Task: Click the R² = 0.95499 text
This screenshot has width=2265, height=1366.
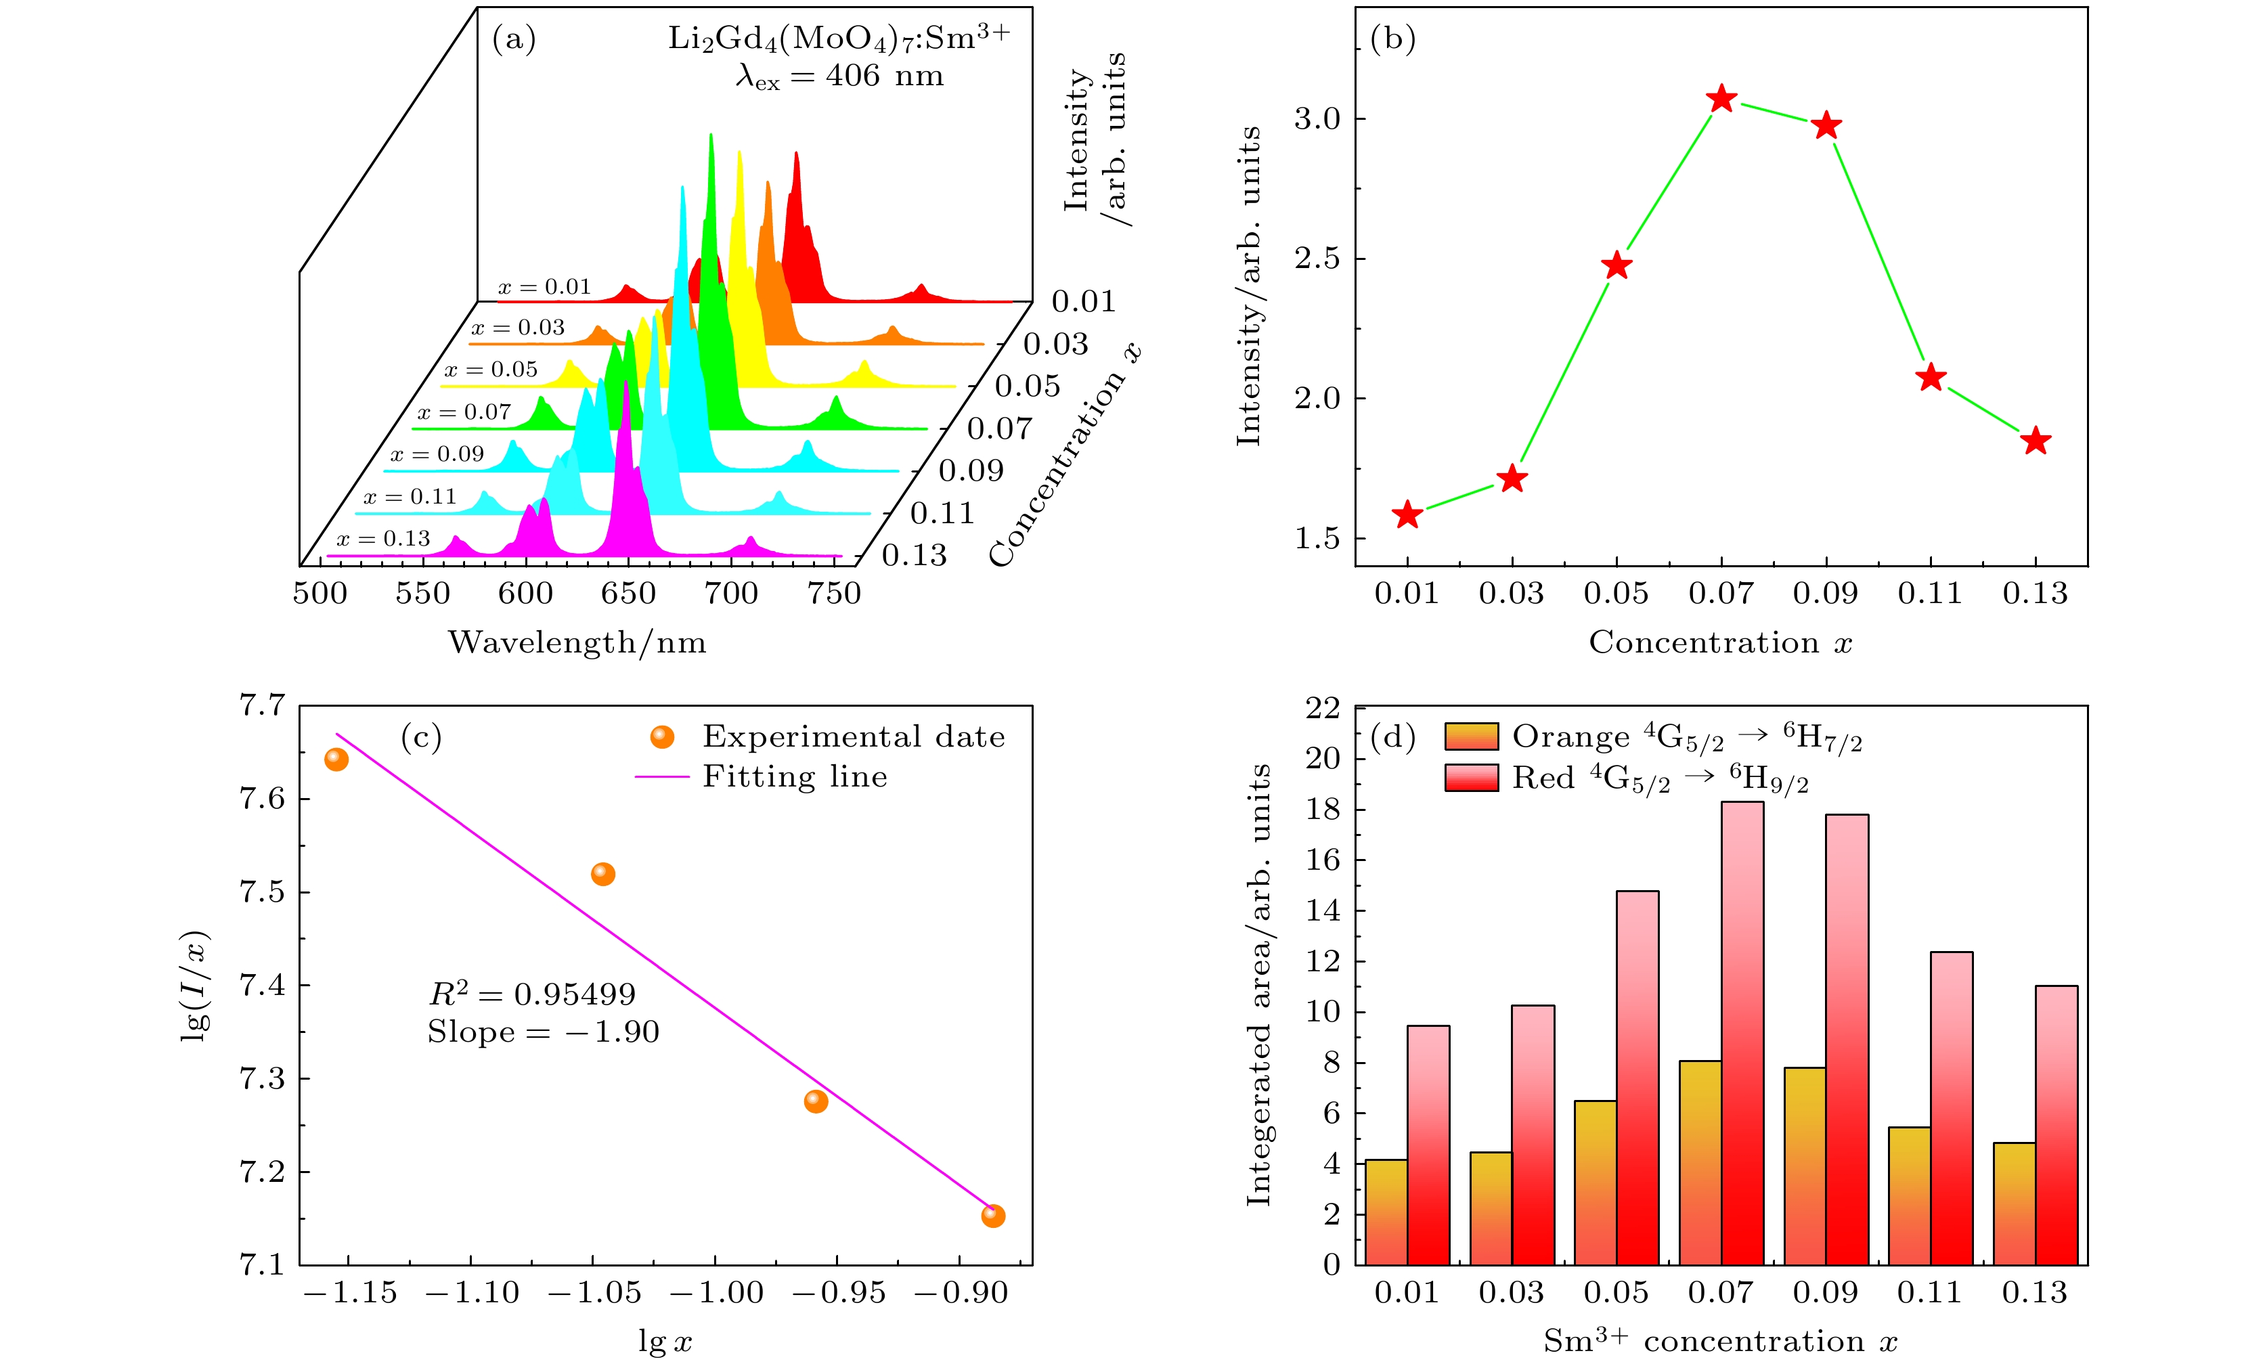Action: click(532, 994)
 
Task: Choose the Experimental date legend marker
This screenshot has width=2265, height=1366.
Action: click(662, 737)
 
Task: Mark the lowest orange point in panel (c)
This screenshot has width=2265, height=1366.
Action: click(993, 1216)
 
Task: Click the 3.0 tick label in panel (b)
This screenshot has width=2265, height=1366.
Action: click(1317, 120)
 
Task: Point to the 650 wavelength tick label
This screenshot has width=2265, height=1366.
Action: click(629, 594)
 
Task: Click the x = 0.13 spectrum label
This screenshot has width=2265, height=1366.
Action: click(383, 539)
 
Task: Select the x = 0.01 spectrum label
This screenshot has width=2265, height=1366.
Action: click(544, 288)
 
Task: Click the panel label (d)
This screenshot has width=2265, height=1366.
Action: click(1392, 737)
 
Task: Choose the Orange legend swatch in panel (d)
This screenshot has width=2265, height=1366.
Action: click(1471, 737)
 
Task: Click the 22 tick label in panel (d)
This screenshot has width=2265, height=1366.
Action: click(1323, 708)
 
